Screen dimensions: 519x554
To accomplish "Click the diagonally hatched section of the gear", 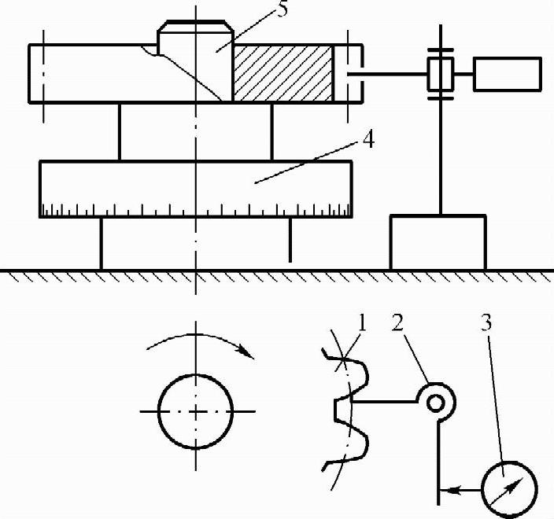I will [x=281, y=72].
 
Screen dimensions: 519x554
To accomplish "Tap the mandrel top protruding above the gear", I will [x=195, y=33].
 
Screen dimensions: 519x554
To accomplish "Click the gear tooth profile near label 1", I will [x=344, y=409].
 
